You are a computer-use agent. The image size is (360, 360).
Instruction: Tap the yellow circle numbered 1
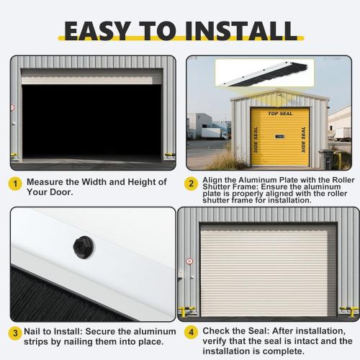[x=14, y=184]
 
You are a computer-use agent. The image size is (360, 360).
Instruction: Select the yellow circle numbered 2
[x=192, y=184]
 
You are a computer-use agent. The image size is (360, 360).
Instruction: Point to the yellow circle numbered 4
[x=192, y=333]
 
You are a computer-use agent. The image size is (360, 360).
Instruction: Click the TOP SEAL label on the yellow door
[x=279, y=114]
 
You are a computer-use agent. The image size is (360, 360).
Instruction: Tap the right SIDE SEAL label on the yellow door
[x=303, y=140]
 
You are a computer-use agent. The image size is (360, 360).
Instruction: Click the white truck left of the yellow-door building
[x=214, y=132]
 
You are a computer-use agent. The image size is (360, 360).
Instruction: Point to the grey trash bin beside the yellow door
[x=325, y=158]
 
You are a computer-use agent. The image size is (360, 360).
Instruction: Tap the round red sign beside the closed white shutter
[x=189, y=261]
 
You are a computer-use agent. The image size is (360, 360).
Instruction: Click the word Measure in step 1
[x=47, y=182]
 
